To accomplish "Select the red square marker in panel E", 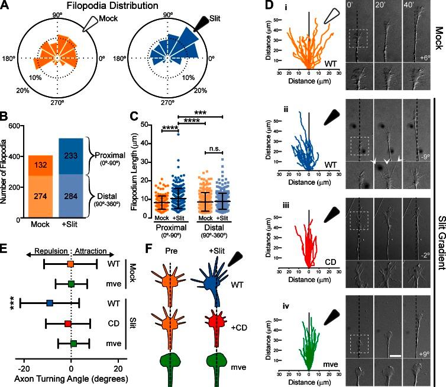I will [67, 324].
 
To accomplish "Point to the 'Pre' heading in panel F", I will [172, 242].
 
